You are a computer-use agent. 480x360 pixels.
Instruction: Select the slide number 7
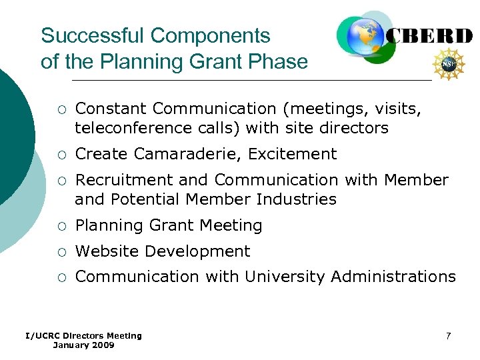448,335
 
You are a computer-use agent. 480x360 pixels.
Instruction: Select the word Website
107,251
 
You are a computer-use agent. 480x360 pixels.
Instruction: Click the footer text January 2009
83,345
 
